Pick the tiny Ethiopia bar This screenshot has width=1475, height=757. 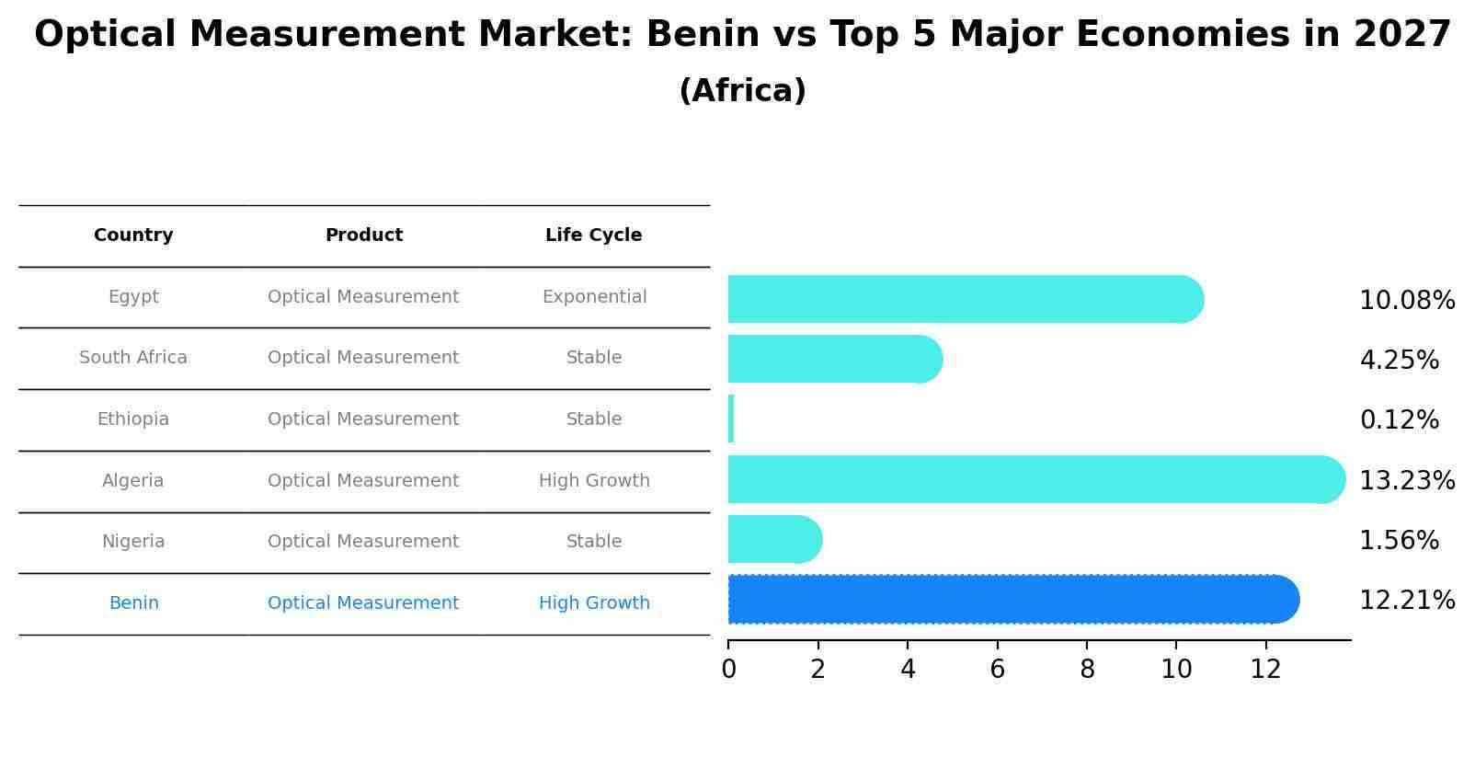click(x=731, y=419)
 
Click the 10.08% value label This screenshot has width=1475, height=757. click(x=1406, y=301)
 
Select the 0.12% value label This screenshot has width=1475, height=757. click(x=1399, y=420)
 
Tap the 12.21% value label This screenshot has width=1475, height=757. click(x=1406, y=601)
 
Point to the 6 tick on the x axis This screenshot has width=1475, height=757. click(x=997, y=670)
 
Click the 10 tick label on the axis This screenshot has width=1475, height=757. click(x=1176, y=670)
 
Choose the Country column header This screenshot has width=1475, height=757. click(x=133, y=235)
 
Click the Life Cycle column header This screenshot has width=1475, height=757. click(x=593, y=235)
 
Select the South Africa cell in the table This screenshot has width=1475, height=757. click(x=133, y=358)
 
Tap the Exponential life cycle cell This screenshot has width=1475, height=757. click(x=594, y=297)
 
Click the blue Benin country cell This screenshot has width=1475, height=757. click(x=133, y=603)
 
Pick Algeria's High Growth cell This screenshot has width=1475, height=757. click(x=594, y=481)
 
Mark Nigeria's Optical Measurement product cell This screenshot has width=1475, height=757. click(x=363, y=542)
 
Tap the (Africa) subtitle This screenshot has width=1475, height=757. click(x=742, y=91)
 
